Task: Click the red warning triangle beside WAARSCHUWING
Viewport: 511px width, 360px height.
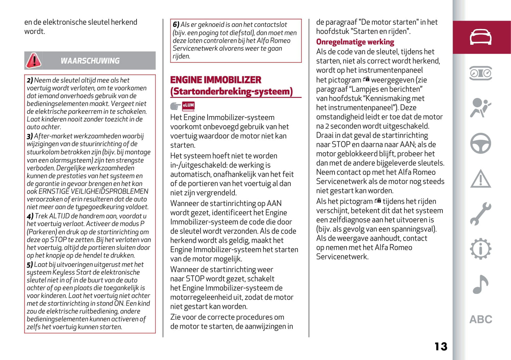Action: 34,61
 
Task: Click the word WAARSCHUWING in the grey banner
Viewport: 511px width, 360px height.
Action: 90,61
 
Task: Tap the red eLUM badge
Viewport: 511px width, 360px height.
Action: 188,105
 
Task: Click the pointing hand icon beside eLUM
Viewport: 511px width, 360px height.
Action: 175,106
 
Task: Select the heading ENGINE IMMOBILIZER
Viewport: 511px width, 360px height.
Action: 216,80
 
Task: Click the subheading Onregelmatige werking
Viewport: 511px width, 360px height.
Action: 355,42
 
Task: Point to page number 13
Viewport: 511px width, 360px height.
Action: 441,347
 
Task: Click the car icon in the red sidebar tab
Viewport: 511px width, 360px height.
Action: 481,37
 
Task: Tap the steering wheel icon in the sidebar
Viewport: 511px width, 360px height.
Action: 481,143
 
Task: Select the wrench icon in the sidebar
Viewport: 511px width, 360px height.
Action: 481,214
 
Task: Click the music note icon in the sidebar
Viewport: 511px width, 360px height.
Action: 481,284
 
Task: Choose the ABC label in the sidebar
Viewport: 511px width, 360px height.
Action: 481,319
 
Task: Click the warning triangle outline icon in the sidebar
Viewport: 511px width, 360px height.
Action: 481,179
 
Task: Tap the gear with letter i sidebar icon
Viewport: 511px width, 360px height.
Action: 481,249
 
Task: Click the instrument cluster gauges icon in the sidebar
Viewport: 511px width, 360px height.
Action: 481,73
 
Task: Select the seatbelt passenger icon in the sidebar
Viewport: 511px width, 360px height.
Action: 481,108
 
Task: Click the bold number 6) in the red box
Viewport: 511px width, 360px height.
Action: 176,25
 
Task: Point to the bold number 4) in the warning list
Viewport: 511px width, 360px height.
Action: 30,216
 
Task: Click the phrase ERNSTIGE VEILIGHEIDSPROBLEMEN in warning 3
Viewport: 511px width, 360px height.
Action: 93,191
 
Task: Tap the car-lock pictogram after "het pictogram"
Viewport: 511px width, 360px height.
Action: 366,79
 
